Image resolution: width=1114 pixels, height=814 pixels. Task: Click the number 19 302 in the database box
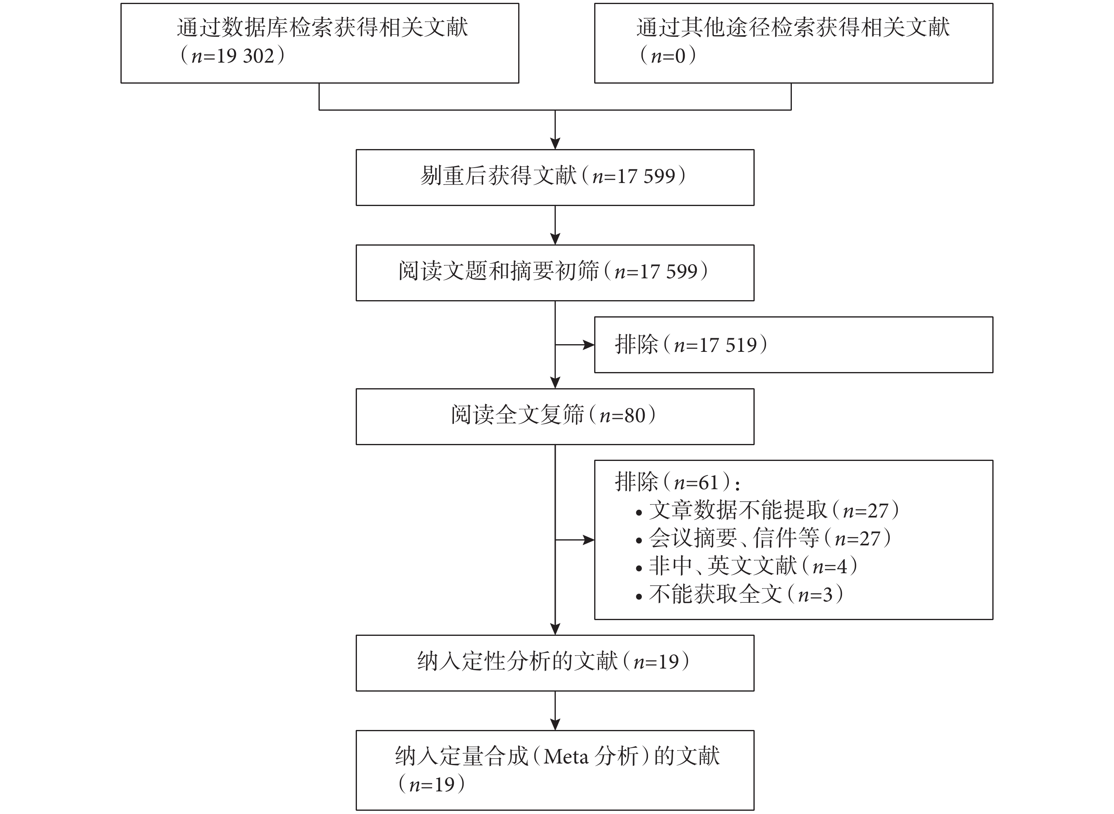coord(245,56)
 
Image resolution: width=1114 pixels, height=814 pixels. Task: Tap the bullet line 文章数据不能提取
coord(768,511)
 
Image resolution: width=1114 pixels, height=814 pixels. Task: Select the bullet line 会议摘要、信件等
coord(764,538)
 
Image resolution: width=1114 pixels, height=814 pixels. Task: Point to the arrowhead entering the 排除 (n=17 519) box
coord(589,345)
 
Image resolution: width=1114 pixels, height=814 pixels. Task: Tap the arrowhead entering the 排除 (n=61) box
coord(589,540)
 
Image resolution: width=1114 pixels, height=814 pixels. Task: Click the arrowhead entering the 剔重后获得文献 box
coord(555,143)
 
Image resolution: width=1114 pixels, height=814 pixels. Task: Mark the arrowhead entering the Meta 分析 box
coord(555,725)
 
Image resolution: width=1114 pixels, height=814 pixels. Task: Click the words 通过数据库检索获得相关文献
coord(323,27)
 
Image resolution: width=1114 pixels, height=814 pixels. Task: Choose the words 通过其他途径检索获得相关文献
coord(793,27)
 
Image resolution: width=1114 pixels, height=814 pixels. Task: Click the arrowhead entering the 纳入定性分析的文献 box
coord(555,629)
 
